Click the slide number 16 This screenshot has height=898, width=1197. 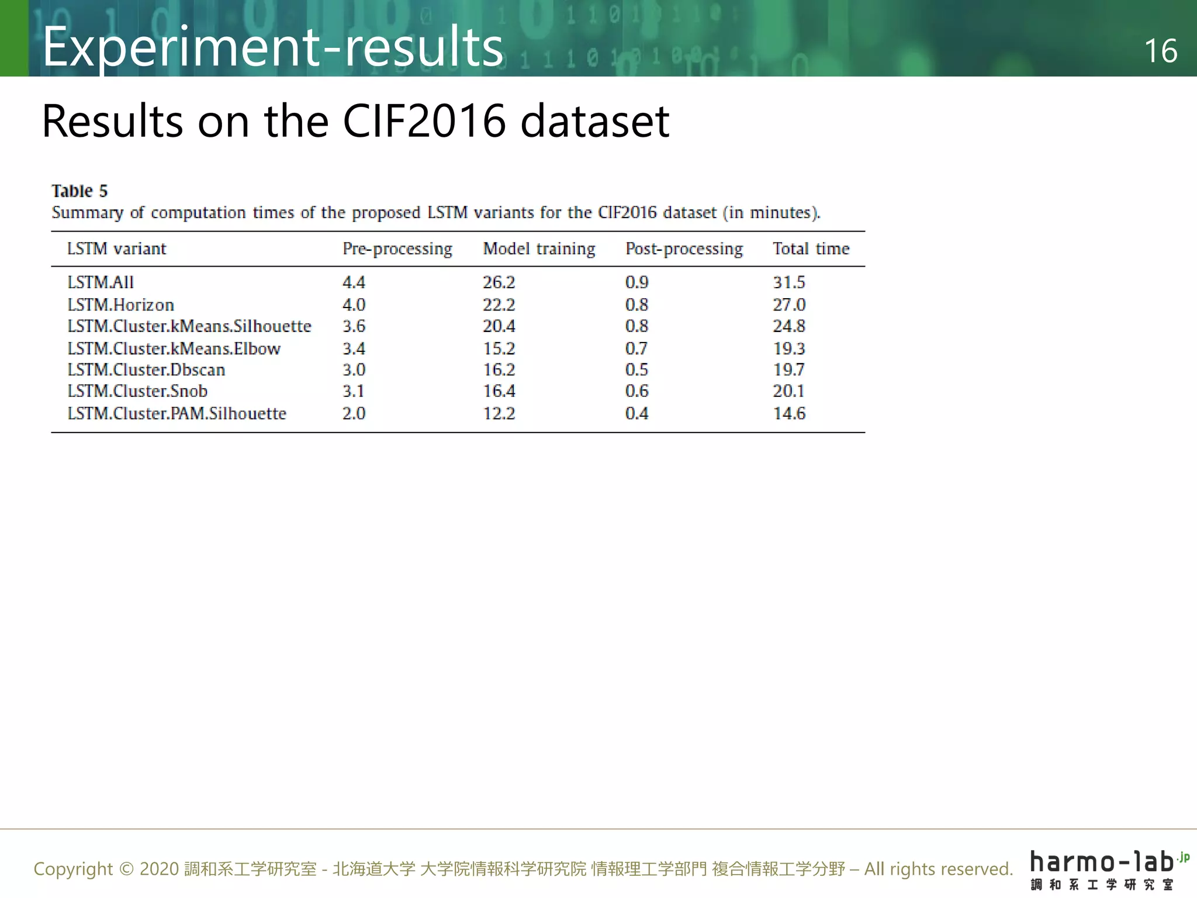(1160, 51)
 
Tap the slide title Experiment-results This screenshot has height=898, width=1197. (272, 47)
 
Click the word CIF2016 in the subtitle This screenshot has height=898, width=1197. (424, 121)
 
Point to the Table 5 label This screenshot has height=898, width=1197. (79, 191)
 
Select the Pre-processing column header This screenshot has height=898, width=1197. (397, 249)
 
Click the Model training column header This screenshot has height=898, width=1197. (539, 249)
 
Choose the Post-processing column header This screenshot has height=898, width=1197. (684, 249)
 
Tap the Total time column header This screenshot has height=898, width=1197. (811, 249)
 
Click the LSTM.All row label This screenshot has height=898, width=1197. (101, 282)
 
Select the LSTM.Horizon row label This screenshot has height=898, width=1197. (120, 305)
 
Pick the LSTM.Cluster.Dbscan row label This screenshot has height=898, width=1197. (146, 369)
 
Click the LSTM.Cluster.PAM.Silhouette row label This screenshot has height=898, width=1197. (177, 413)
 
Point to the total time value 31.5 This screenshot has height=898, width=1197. (788, 282)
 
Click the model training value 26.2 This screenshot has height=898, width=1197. (499, 282)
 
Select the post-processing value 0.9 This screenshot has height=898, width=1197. (636, 282)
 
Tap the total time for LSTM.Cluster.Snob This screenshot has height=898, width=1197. (788, 391)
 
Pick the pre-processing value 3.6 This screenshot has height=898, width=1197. (354, 326)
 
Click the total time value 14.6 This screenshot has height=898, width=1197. (789, 413)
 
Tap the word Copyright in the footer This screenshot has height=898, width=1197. (73, 869)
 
